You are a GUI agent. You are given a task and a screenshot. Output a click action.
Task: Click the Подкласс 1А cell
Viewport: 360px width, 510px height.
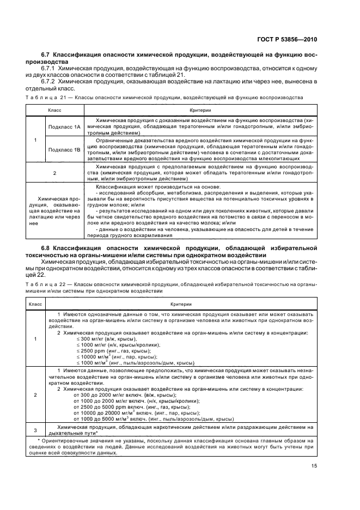[64, 126]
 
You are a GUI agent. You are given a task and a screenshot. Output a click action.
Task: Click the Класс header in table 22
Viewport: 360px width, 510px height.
[35, 303]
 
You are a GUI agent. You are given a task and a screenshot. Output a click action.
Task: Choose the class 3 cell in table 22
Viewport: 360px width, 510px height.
[35, 429]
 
